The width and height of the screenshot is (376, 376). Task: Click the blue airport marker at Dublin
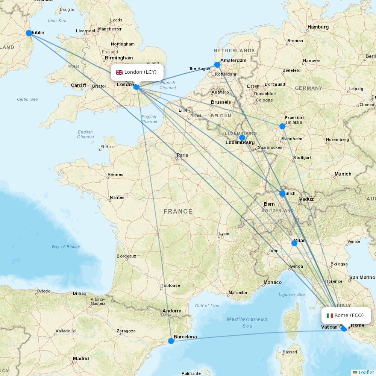[29, 33]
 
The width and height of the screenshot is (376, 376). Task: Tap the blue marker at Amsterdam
[217, 65]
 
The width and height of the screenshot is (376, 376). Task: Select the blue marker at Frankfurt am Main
[282, 126]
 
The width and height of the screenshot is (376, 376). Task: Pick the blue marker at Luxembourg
[242, 138]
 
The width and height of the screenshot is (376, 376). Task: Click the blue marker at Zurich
[282, 194]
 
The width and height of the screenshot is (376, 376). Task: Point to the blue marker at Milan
[294, 243]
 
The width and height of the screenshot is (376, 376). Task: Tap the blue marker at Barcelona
[171, 341]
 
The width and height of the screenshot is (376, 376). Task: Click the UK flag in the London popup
[119, 72]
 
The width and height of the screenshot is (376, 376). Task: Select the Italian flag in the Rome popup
[330, 315]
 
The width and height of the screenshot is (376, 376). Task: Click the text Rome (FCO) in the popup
[349, 315]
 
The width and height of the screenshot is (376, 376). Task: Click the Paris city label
[182, 155]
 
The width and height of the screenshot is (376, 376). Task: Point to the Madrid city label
[81, 359]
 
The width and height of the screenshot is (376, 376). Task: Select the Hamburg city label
[318, 27]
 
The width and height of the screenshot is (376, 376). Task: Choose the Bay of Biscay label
[66, 247]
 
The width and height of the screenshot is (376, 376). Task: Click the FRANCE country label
[178, 212]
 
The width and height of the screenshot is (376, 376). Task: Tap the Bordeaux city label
[126, 256]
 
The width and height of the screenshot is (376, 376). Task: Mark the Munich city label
[343, 174]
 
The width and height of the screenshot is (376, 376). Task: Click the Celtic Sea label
[27, 99]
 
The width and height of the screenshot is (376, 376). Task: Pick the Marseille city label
[237, 293]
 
